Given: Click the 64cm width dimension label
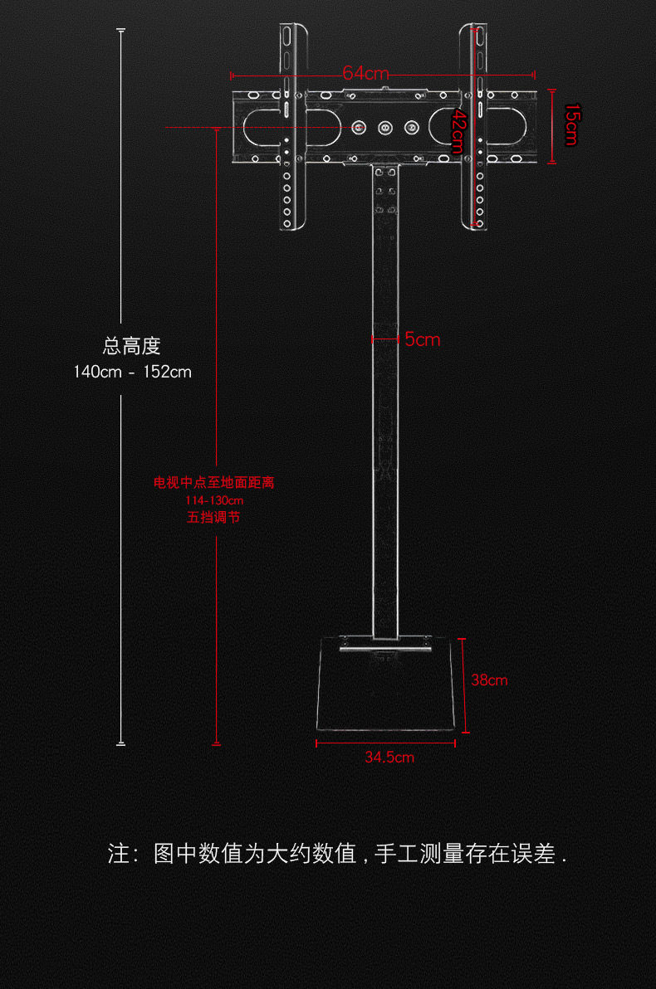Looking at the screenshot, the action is click(x=365, y=73).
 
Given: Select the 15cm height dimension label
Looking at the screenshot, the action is click(x=570, y=124).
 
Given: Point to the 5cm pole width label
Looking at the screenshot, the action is click(x=423, y=339).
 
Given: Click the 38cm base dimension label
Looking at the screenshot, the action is click(x=489, y=680).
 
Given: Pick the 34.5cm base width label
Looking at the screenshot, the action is click(x=389, y=758).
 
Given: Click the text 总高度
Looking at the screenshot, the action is click(x=132, y=346).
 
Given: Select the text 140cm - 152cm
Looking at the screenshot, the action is click(x=132, y=372).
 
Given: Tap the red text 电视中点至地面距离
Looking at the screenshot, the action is click(x=213, y=483).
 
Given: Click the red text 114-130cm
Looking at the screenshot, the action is click(x=213, y=500).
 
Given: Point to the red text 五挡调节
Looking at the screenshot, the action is click(x=213, y=517).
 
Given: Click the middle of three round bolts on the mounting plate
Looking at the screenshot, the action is click(x=384, y=129).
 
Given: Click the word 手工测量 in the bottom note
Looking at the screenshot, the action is click(x=419, y=854).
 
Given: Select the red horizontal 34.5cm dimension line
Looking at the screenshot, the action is click(x=386, y=743).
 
